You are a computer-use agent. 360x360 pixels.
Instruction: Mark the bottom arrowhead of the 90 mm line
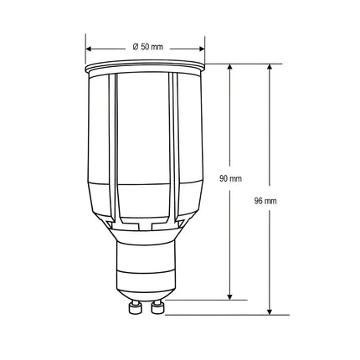[231, 296]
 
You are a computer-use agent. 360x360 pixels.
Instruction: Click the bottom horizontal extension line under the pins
[218, 315]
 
